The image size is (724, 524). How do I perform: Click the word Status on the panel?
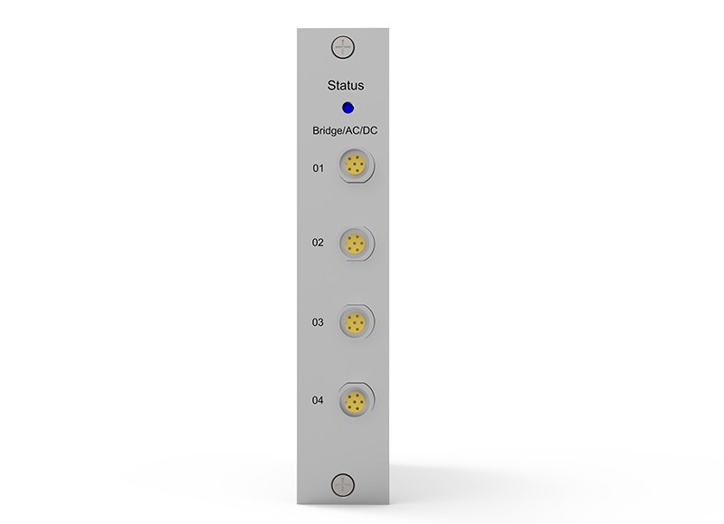coord(346,85)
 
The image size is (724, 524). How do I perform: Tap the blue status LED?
coord(348,108)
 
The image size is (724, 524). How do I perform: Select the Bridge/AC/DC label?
coord(345,130)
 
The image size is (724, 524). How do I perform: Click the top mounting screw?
coord(343,47)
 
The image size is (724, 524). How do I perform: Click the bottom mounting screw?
coord(343,485)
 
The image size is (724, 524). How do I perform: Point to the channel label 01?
coord(319,168)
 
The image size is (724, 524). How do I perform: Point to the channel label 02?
coord(318,243)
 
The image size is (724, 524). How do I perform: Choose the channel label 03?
coord(318,322)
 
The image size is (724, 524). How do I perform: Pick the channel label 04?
coord(318,400)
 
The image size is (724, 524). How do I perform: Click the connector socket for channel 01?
coord(355,165)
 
